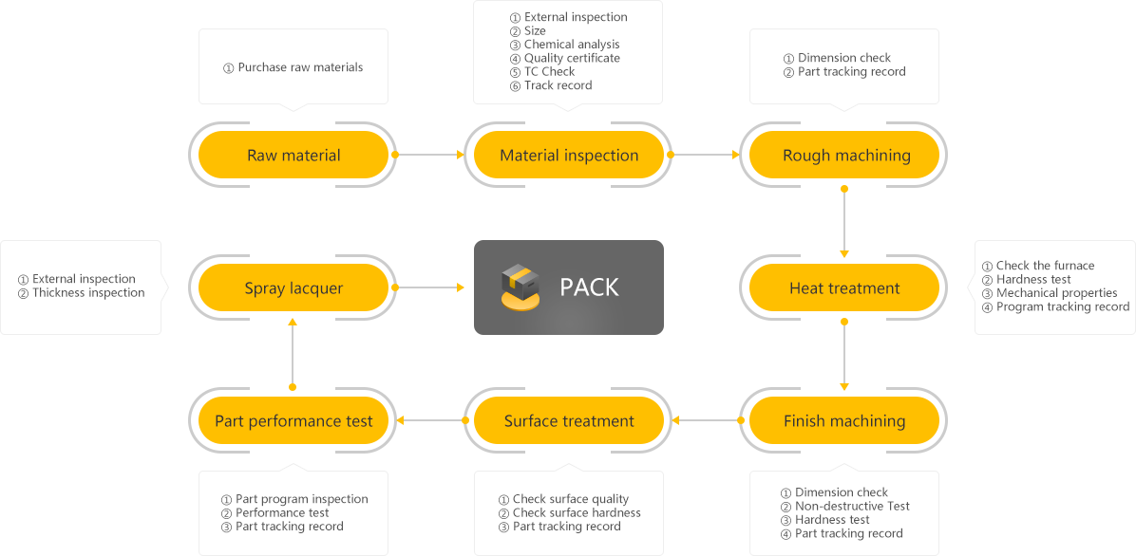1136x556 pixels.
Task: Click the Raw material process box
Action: click(293, 155)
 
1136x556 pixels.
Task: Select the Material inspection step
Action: click(569, 155)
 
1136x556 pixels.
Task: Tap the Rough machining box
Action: click(844, 155)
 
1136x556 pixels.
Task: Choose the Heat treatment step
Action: click(844, 288)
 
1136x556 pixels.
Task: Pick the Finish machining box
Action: click(844, 420)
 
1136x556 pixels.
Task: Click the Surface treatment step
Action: click(569, 420)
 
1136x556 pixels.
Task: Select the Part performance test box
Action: click(293, 420)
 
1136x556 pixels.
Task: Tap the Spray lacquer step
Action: click(293, 288)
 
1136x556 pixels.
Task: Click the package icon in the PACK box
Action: click(521, 288)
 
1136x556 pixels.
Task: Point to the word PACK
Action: click(589, 287)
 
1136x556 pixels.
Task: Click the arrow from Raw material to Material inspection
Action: click(428, 155)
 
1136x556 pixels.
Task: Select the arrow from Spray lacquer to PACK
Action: click(428, 287)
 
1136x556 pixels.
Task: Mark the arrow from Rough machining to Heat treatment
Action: click(844, 221)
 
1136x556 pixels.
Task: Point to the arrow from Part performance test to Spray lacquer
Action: click(293, 353)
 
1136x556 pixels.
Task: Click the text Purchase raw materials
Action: click(300, 67)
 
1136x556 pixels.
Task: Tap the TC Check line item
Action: click(549, 72)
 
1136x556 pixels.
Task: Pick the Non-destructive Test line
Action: click(852, 506)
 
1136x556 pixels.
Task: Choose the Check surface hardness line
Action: click(577, 512)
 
